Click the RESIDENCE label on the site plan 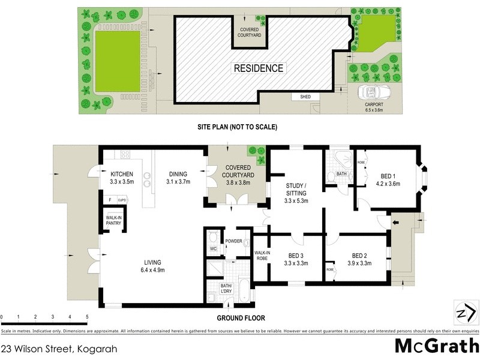coord(258,68)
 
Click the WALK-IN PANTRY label coord(114,220)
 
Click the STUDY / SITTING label coord(296,193)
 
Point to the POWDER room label coord(233,241)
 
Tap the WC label coord(212,248)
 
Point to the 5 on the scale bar coord(87,316)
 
